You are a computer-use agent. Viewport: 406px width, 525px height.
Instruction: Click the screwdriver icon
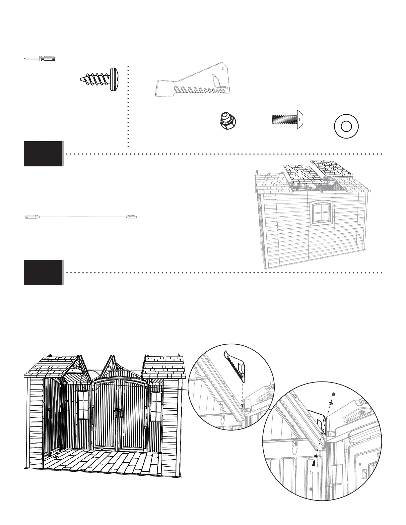pyautogui.click(x=40, y=59)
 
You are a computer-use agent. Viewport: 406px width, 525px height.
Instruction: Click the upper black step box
pyautogui.click(x=43, y=154)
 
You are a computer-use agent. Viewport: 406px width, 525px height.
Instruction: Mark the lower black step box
pyautogui.click(x=43, y=272)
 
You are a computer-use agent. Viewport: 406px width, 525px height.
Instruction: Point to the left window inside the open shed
pyautogui.click(x=83, y=405)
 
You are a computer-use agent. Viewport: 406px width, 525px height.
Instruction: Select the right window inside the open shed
pyautogui.click(x=156, y=407)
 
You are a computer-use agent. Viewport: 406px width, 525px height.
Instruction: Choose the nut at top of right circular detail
pyautogui.click(x=332, y=394)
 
